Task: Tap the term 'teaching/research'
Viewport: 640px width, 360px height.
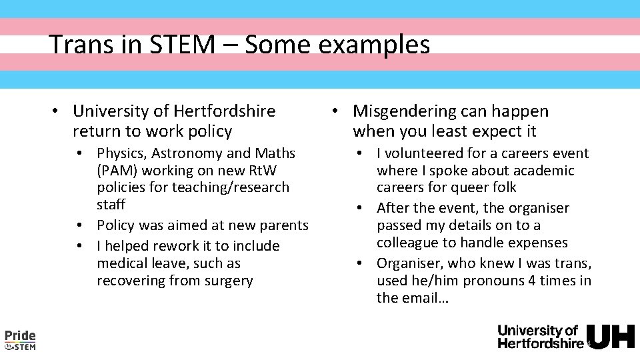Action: pyautogui.click(x=231, y=187)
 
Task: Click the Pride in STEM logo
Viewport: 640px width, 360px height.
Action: pyautogui.click(x=20, y=339)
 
